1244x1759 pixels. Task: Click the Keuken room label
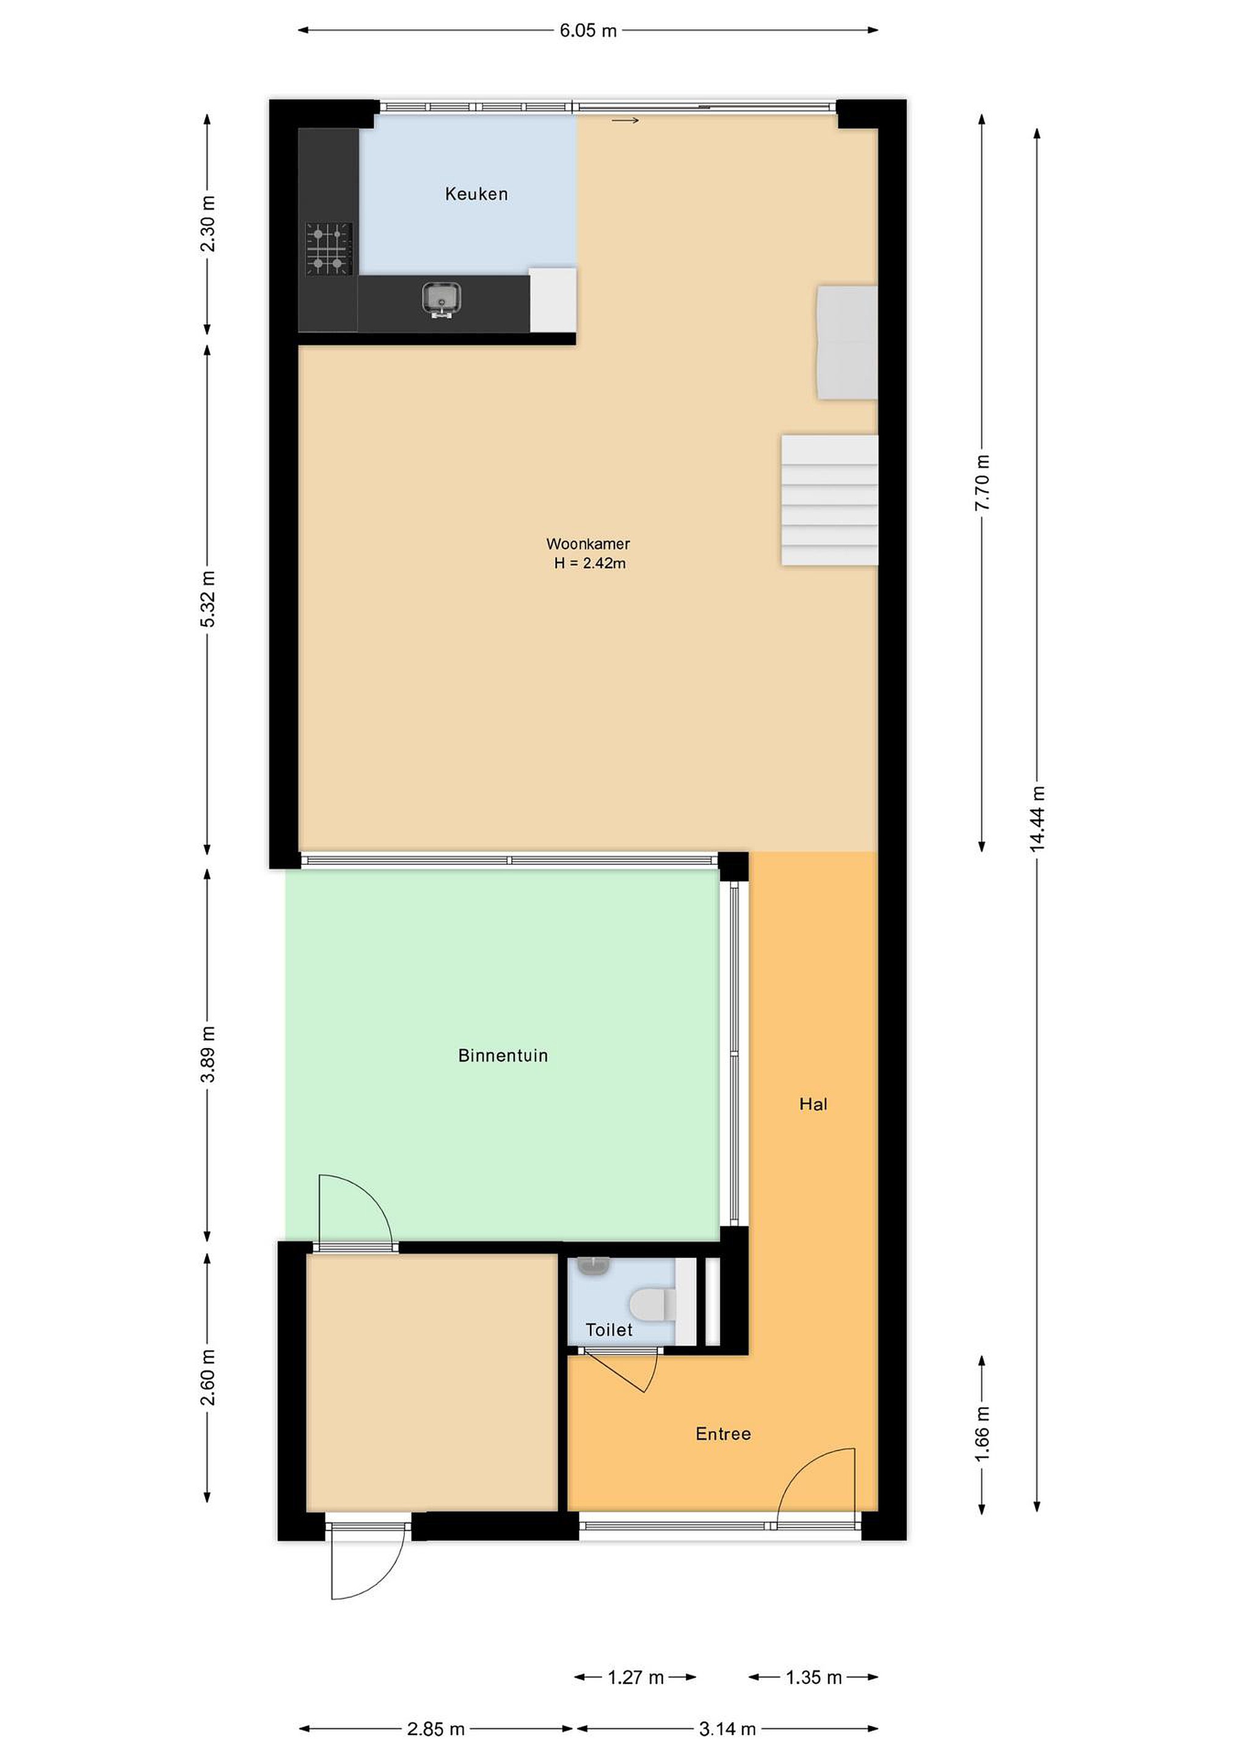(476, 194)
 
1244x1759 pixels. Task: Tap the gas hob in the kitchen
(329, 249)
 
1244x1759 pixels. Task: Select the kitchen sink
(441, 299)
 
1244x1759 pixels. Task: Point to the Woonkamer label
(587, 544)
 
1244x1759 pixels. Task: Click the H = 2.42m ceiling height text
(590, 564)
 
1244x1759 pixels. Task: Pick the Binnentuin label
(503, 1056)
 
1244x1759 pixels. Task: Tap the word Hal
(813, 1104)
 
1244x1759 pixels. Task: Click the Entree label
(723, 1433)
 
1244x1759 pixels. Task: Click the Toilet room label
(609, 1330)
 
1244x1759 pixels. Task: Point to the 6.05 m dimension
(588, 31)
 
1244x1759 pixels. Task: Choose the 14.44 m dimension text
(1037, 819)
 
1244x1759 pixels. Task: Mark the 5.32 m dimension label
(208, 599)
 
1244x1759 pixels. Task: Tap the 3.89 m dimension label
(208, 1054)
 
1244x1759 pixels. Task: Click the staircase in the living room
(829, 500)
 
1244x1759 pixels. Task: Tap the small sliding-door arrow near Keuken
(625, 120)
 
